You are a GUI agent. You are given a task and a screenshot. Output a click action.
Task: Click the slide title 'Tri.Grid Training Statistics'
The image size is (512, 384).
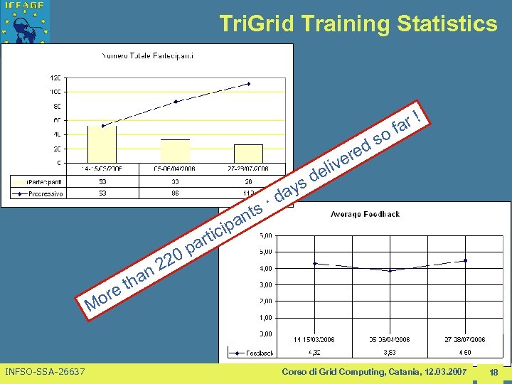(358, 23)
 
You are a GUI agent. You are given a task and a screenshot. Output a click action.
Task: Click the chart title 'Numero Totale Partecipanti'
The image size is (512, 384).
(150, 55)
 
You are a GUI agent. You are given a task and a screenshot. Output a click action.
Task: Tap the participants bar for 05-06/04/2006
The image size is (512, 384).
(175, 151)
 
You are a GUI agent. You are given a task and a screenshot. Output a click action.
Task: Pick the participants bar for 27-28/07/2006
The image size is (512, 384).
(248, 154)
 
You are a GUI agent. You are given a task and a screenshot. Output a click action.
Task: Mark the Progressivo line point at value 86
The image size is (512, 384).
(175, 102)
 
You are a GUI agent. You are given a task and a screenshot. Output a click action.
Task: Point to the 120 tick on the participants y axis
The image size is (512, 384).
(55, 78)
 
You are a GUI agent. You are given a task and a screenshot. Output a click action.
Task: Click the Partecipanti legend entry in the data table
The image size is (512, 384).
(42, 182)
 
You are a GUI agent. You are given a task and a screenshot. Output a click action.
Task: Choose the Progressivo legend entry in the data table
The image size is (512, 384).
(42, 193)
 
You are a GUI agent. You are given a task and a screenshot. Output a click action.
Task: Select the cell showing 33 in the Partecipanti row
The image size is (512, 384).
(175, 182)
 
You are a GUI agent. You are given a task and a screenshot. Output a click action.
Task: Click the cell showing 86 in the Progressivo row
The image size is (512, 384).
(175, 193)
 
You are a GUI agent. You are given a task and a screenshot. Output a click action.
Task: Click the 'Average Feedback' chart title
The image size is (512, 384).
(365, 214)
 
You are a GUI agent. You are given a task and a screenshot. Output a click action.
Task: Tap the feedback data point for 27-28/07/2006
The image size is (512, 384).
(465, 260)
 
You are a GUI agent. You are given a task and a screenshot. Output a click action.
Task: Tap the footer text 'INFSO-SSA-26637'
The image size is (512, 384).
(45, 373)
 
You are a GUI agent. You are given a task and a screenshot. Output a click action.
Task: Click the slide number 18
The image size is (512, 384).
(494, 373)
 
